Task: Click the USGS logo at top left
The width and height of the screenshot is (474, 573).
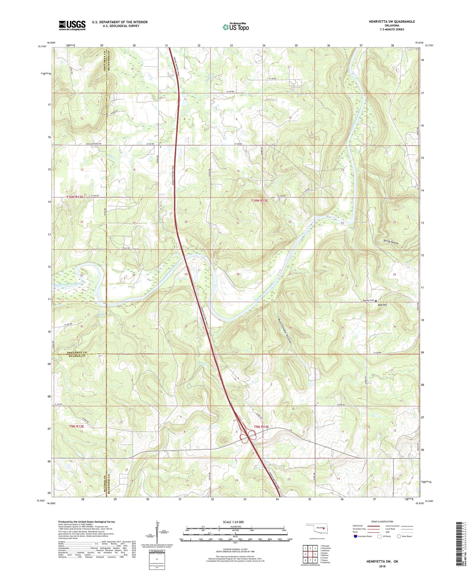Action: (x=72, y=25)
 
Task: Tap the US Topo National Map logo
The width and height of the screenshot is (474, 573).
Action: (x=235, y=27)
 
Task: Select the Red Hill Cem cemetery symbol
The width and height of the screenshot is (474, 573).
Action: (x=376, y=301)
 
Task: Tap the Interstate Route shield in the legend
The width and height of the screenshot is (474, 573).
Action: (x=355, y=536)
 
